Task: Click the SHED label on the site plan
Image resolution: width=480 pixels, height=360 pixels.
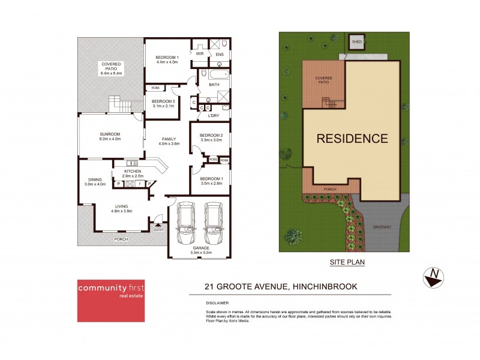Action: click(357, 42)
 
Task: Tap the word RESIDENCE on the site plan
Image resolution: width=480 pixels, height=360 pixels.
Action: click(352, 139)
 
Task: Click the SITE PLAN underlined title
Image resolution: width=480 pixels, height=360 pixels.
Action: click(347, 262)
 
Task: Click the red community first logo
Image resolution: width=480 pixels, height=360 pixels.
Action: click(114, 300)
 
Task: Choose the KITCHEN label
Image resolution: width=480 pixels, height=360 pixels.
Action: click(133, 171)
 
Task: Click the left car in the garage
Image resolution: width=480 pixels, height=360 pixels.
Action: click(185, 221)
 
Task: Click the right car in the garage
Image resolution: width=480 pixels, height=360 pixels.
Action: click(214, 221)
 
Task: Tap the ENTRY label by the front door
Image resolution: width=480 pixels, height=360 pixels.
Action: click(158, 230)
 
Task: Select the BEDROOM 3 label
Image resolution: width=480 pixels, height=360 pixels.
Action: click(163, 101)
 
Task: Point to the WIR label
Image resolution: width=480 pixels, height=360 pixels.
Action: click(200, 53)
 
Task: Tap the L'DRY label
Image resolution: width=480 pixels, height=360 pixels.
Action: click(213, 115)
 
